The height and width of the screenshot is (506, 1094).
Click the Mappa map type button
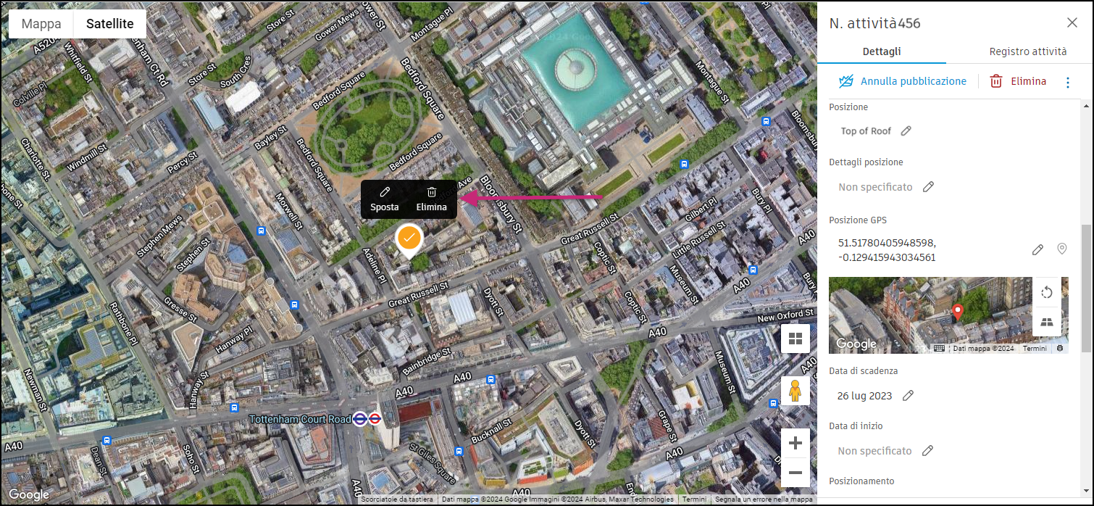pyautogui.click(x=41, y=24)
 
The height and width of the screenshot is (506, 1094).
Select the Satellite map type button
pyautogui.click(x=110, y=24)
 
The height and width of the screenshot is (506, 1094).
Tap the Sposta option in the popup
pyautogui.click(x=385, y=199)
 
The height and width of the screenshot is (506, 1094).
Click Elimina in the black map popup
pyautogui.click(x=432, y=199)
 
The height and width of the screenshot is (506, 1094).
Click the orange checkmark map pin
pyautogui.click(x=409, y=239)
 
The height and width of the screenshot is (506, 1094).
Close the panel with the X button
pyautogui.click(x=1072, y=22)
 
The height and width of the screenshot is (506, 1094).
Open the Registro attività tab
pyautogui.click(x=1027, y=51)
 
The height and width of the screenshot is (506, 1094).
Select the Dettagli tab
pyautogui.click(x=882, y=51)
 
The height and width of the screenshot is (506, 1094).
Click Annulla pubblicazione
pyautogui.click(x=903, y=81)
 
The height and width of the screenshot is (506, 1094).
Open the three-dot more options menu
pyautogui.click(x=1067, y=82)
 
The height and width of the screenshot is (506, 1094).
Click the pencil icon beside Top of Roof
pyautogui.click(x=906, y=131)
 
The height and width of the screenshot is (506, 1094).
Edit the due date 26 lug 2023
pyautogui.click(x=908, y=396)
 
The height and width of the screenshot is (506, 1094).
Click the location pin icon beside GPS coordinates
pyautogui.click(x=1062, y=249)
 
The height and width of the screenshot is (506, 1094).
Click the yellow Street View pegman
pyautogui.click(x=795, y=391)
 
